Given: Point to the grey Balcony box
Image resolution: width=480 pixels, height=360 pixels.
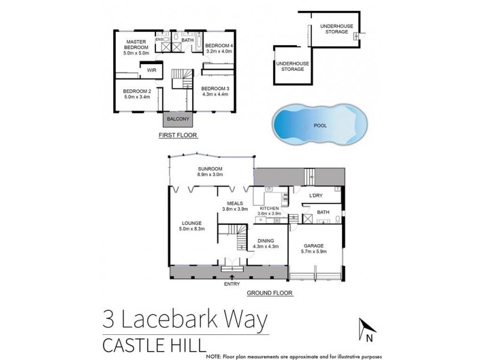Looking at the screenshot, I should click(x=179, y=119).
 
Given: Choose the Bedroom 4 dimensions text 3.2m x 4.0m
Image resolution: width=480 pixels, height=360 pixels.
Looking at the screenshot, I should click(x=220, y=51).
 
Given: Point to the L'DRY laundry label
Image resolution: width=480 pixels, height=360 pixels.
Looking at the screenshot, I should click(x=316, y=196).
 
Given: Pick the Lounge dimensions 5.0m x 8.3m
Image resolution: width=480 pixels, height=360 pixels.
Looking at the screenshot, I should click(x=191, y=229).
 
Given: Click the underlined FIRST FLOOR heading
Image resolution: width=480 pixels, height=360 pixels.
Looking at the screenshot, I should click(x=175, y=136).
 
